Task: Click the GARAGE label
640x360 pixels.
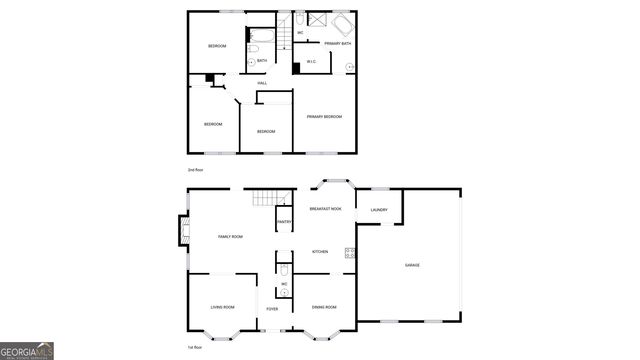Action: pos(412,265)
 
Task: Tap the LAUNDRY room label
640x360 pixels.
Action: pos(379,209)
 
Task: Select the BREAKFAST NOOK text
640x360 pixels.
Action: pos(326,209)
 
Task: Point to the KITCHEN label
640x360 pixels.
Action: pos(320,251)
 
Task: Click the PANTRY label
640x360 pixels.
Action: pos(283,221)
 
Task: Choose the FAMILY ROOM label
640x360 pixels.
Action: pos(231,236)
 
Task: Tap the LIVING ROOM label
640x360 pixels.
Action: pos(222,307)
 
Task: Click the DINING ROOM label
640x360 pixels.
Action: pos(324,307)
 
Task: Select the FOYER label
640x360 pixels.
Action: pos(272,310)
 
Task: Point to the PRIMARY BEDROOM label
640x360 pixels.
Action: pos(324,117)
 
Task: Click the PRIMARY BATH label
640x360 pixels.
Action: pos(338,44)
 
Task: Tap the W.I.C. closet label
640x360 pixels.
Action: pos(312,62)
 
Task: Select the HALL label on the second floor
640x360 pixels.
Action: pos(261,83)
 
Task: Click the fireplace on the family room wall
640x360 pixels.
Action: pos(184,232)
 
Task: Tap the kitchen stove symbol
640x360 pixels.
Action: pos(350,253)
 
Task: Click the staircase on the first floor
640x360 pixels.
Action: pos(262,197)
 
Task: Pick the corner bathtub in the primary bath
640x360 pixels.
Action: pos(341,24)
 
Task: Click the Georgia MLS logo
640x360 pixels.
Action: pos(27,351)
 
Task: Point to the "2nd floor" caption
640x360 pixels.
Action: pos(196,170)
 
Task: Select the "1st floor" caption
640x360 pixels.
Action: pos(196,346)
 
